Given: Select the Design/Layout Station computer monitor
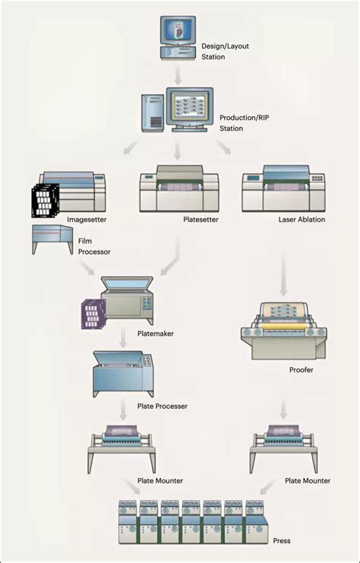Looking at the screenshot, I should tap(178, 31).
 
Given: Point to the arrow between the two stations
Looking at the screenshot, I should tap(178, 77).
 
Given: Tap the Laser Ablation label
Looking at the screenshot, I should tap(301, 220).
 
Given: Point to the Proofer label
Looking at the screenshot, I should tap(302, 370).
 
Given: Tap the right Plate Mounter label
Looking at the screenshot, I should tap(307, 481).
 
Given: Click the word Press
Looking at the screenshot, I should tap(282, 540).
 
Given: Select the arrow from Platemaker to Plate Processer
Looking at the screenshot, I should tap(123, 335).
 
